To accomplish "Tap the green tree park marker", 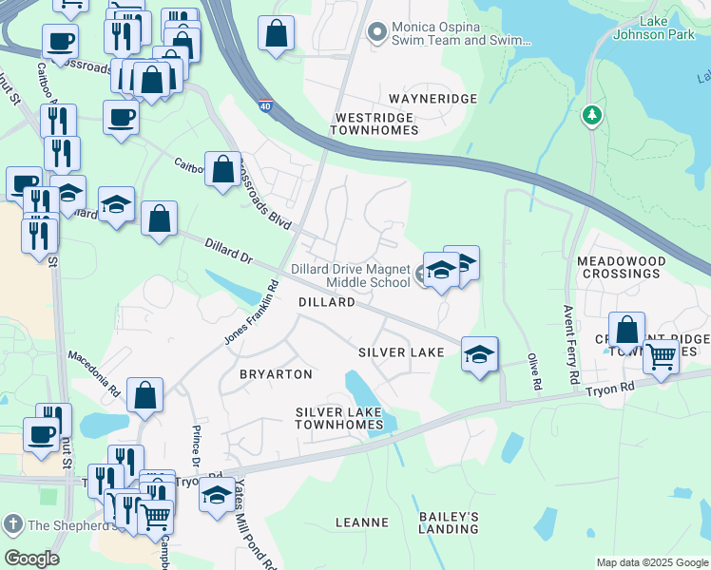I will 592,115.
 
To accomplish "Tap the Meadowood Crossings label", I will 619,266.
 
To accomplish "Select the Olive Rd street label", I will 535,372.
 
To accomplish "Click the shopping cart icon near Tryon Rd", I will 660,357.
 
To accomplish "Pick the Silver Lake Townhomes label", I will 338,418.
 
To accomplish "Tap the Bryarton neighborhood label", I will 276,374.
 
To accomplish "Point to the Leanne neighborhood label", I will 362,522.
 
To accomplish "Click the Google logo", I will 31,558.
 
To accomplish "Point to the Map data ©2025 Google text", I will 652,562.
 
